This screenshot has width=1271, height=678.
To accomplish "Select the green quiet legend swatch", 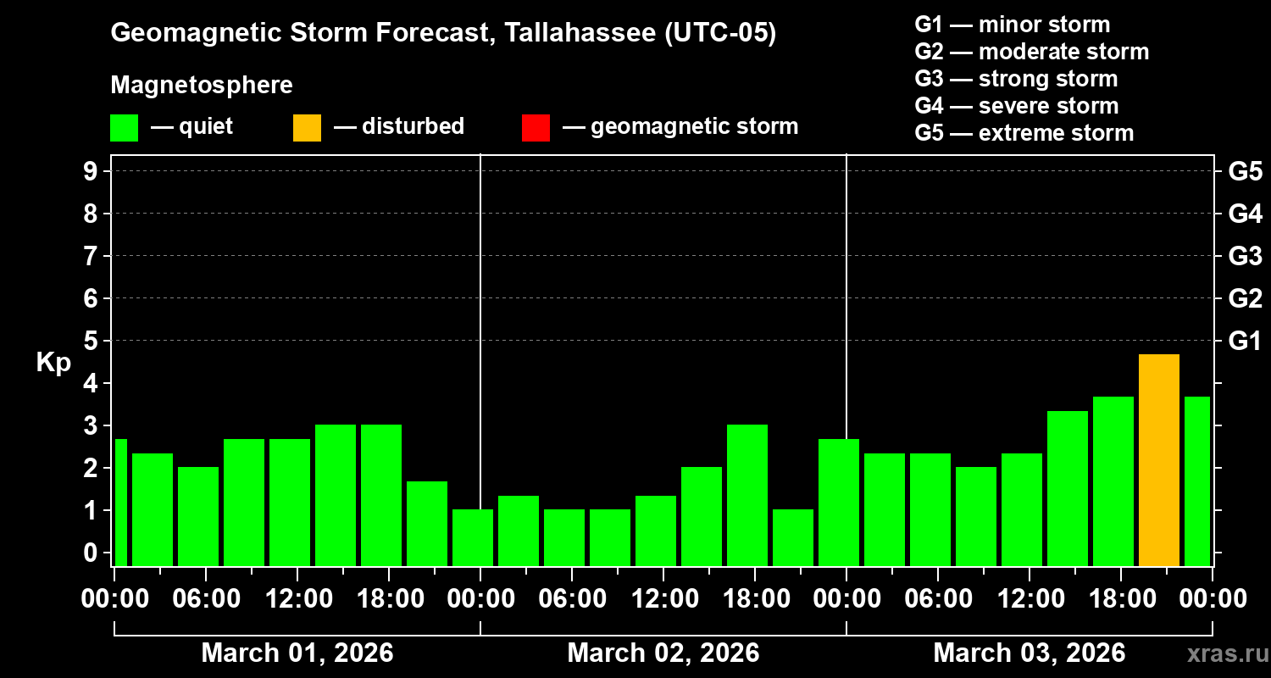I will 124,128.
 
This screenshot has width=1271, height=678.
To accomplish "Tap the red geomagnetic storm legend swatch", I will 536,128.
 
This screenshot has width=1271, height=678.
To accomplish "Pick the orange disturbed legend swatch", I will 307,128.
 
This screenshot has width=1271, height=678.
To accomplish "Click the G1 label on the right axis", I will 1244,342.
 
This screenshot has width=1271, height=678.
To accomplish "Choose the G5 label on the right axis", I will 1244,172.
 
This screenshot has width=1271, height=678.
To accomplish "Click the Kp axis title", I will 53,363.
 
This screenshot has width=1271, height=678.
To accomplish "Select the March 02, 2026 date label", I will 663,653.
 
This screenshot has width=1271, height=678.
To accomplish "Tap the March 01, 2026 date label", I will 297,653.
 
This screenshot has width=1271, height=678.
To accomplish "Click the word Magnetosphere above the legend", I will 202,86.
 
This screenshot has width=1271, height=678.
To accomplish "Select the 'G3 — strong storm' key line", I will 1016,79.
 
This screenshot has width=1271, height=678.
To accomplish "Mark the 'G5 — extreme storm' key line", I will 1024,133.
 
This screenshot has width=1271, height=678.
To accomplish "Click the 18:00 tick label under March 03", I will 1120,599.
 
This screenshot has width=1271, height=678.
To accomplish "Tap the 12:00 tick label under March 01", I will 297,599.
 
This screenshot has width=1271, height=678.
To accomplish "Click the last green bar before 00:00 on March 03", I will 1196,481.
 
